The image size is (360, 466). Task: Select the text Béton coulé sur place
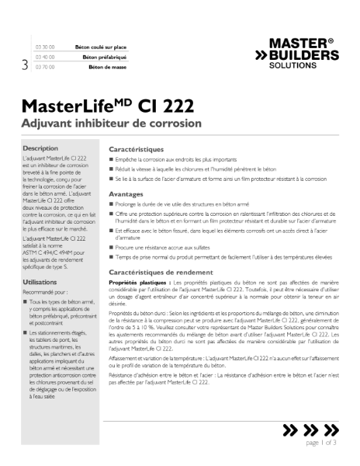click(x=99, y=47)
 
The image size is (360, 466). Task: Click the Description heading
click(x=40, y=148)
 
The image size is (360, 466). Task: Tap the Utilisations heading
click(x=40, y=261)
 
